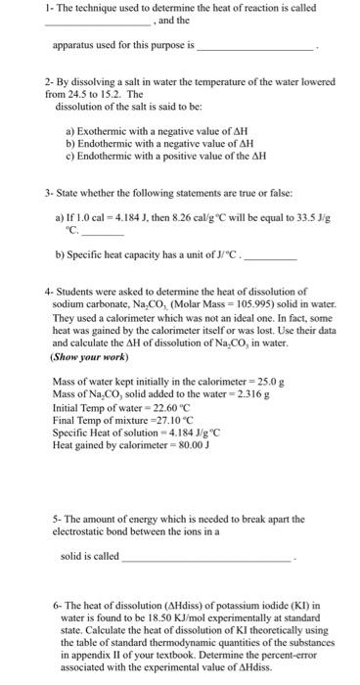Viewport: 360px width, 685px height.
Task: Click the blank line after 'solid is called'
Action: (x=205, y=557)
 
